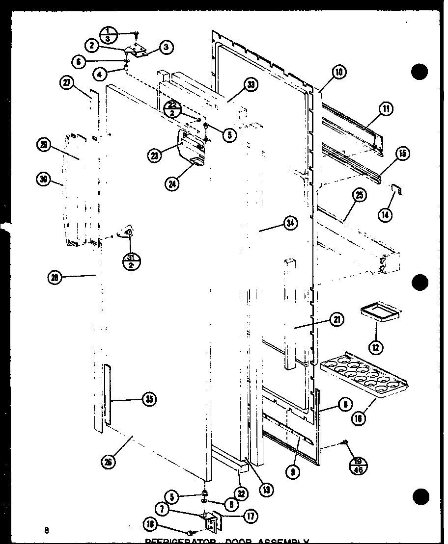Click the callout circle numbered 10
pyautogui.click(x=339, y=73)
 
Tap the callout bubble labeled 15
pyautogui.click(x=402, y=154)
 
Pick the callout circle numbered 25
pyautogui.click(x=360, y=196)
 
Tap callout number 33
pyautogui.click(x=251, y=85)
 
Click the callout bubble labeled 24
pyautogui.click(x=172, y=184)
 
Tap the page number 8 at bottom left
pyautogui.click(x=46, y=529)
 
